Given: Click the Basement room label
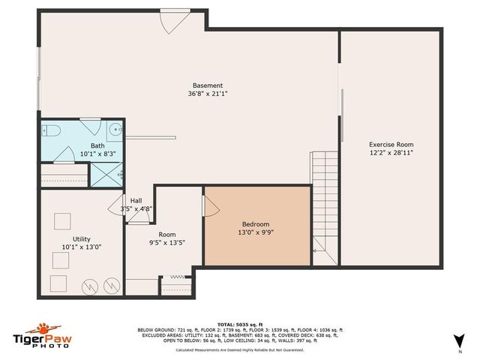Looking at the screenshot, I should pos(207,85).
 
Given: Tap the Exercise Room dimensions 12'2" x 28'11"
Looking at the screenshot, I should pos(391,153).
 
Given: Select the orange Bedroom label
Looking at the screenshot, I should pos(255,223).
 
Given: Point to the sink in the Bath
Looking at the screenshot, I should pos(115,130).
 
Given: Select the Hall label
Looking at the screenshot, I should pos(136,200).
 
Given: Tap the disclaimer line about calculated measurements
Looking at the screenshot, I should pos(240,349).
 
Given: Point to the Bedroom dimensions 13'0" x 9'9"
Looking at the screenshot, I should pos(255,232).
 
